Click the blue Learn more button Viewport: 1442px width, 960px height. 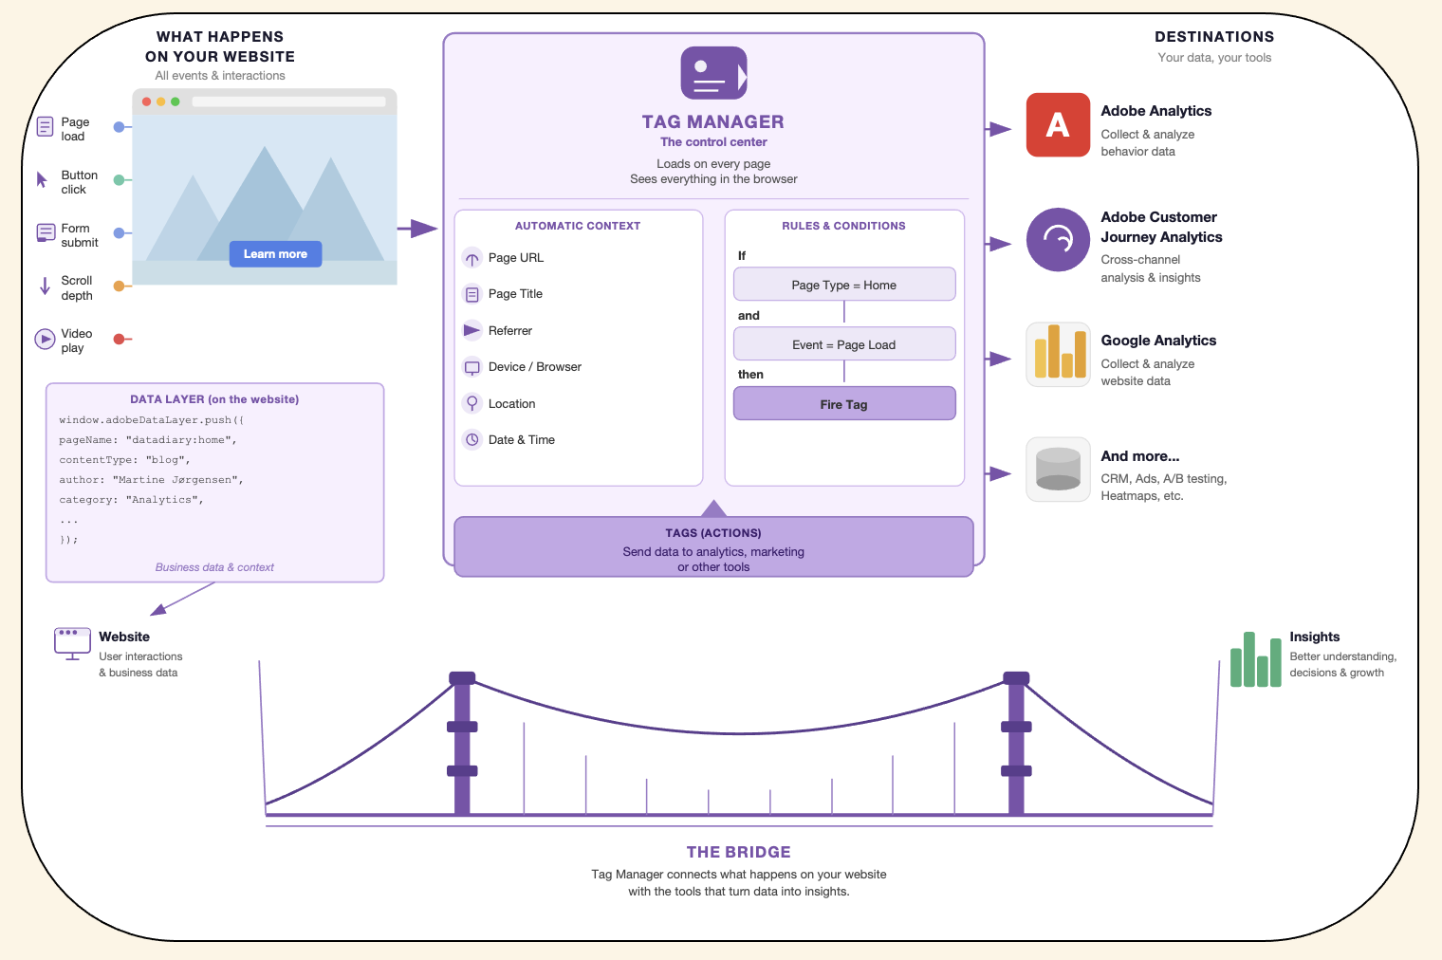pyautogui.click(x=275, y=253)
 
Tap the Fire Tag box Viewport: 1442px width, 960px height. pyautogui.click(x=844, y=404)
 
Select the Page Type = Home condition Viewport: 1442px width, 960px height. pyautogui.click(x=844, y=285)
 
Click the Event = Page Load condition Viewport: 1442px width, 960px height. pyautogui.click(x=844, y=344)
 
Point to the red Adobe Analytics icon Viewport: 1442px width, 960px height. pyautogui.click(x=1058, y=125)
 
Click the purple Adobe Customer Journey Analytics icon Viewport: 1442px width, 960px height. pyautogui.click(x=1058, y=239)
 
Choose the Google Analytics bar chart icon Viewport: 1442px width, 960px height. pyautogui.click(x=1059, y=354)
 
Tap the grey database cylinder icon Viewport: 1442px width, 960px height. pyautogui.click(x=1059, y=470)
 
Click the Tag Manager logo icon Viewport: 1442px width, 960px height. pyautogui.click(x=714, y=73)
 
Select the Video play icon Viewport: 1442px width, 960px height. pyautogui.click(x=45, y=339)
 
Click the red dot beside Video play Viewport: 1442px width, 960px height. pyautogui.click(x=120, y=339)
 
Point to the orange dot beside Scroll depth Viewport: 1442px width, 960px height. pyautogui.click(x=120, y=286)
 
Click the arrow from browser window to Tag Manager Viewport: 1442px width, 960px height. pyautogui.click(x=417, y=228)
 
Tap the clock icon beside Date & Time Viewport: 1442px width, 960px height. pyautogui.click(x=471, y=439)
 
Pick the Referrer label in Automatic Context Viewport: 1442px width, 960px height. pyautogui.click(x=509, y=330)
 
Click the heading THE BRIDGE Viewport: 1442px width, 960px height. pyautogui.click(x=738, y=852)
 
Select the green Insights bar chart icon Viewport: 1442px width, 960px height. pyautogui.click(x=1255, y=659)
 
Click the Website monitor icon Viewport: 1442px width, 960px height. pyautogui.click(x=72, y=643)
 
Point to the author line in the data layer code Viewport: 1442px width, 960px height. pyautogui.click(x=151, y=480)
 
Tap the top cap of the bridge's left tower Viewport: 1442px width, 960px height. pyautogui.click(x=462, y=677)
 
